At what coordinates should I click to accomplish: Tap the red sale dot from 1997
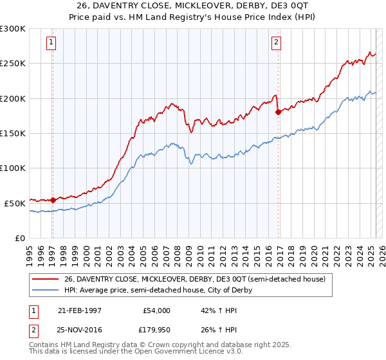coord(53,200)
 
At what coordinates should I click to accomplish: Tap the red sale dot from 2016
coord(278,112)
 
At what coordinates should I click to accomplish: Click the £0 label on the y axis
coord(19,238)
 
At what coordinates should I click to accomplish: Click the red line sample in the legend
coord(46,279)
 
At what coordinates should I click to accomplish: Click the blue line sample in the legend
coord(46,290)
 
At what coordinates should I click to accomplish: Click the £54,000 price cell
coord(155,310)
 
